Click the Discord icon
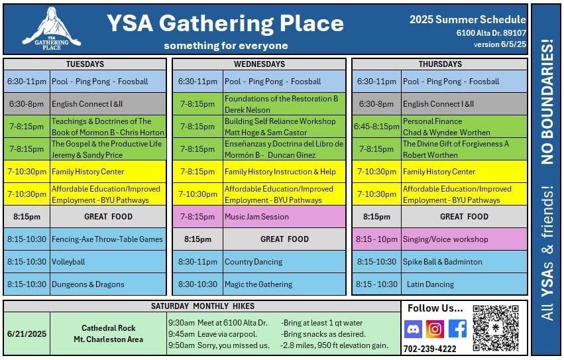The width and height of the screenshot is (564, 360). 413,329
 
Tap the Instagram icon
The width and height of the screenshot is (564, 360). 435,329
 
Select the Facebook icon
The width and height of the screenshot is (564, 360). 457,329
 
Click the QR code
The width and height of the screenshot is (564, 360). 496,328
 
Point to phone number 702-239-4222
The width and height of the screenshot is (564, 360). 429,349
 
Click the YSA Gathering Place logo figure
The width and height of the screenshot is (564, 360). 52,29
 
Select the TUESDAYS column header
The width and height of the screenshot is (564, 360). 85,64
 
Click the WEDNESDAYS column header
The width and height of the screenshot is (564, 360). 259,64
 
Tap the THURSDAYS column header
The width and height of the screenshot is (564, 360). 440,64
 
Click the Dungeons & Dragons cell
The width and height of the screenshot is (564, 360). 108,284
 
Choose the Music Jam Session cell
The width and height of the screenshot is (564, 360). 284,217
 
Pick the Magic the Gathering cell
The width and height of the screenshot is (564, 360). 284,284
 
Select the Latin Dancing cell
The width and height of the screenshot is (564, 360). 464,284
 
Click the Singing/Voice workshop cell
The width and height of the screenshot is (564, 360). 464,239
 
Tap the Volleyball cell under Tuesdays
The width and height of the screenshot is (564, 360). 108,262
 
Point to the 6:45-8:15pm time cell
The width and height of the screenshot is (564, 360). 376,127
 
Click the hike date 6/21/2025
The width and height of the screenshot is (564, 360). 27,333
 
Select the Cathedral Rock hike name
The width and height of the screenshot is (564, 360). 108,328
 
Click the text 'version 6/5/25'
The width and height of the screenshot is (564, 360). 500,44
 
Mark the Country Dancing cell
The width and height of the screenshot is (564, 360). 284,262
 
